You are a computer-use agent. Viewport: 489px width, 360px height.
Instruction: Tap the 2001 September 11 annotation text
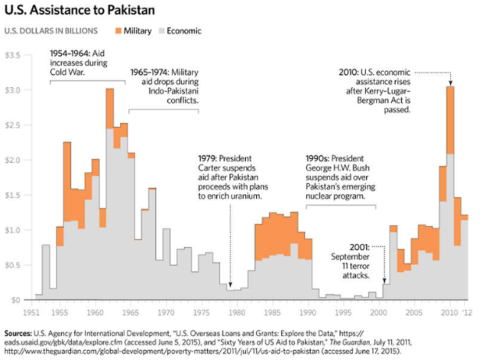351,261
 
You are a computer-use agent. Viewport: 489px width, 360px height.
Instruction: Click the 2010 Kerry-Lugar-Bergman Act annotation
377,91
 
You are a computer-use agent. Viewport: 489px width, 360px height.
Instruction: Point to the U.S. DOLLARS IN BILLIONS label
51,32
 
